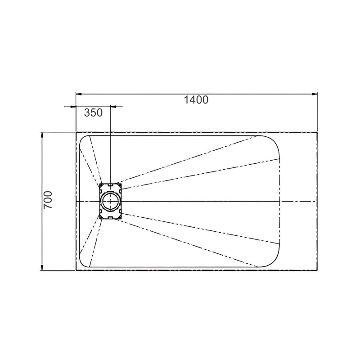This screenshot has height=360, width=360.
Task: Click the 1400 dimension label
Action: click(196, 100)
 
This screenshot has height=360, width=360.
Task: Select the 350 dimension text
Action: click(93, 113)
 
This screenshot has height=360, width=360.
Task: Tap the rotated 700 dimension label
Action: click(48, 200)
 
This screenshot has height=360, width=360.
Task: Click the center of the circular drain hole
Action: click(110, 201)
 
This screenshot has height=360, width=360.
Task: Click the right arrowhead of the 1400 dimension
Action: click(315, 94)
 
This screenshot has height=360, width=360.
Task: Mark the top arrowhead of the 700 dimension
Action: click(42, 135)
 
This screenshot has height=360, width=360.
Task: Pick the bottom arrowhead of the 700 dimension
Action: click(42, 267)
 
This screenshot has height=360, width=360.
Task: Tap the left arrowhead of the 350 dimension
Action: click(73, 107)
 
